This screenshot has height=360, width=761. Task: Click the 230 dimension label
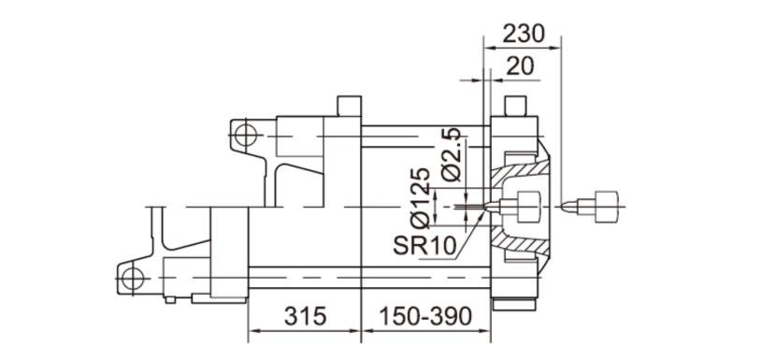click(524, 35)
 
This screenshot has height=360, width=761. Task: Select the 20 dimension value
click(520, 66)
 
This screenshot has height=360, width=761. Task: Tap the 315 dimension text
click(305, 317)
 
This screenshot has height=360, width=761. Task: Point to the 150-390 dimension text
click(425, 317)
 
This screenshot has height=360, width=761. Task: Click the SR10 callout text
click(424, 247)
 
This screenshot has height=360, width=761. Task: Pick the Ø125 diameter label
click(421, 198)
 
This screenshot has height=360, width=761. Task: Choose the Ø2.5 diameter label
click(452, 155)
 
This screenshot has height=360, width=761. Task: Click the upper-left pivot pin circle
click(246, 136)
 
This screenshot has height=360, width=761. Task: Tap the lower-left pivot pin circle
click(133, 279)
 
